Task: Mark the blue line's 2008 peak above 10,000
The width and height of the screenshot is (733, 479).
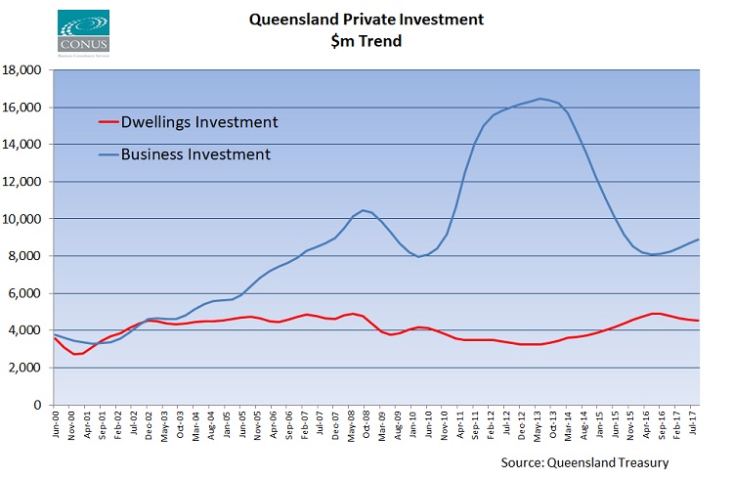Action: [364, 210]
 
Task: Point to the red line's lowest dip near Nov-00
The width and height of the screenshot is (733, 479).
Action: [76, 354]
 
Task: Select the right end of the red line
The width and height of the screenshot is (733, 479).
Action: [698, 321]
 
